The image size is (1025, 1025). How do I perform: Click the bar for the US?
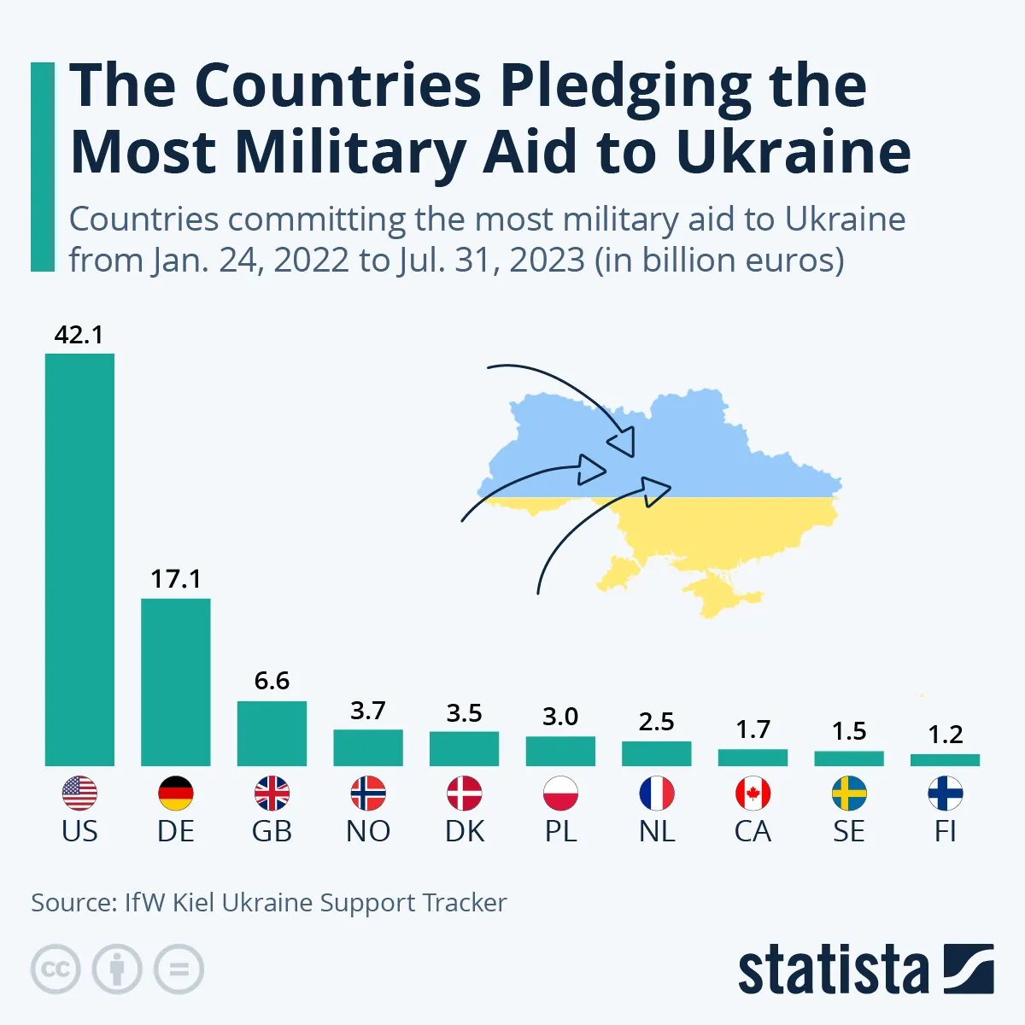coord(79,559)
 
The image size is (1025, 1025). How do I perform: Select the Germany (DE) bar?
coord(176,682)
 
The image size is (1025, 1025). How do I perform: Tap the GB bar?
coord(272,733)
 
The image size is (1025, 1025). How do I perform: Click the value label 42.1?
coord(79,335)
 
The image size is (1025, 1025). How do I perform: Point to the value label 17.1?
coord(176,579)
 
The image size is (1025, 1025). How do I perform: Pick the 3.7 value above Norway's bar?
coord(368,711)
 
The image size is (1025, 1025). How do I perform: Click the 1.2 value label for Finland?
coord(946,735)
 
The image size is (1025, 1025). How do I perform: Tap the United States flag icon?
coord(79,794)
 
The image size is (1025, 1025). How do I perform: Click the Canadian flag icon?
coord(753,794)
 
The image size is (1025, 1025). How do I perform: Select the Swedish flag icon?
coord(849,794)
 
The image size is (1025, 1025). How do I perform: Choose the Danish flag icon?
coord(465,794)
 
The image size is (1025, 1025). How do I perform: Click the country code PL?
coord(560,831)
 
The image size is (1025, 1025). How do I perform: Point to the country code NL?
coord(657,831)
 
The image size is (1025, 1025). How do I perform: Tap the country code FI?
coord(946,831)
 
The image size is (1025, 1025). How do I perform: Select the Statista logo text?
coord(833,971)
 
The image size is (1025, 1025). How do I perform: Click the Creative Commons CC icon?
coord(56,969)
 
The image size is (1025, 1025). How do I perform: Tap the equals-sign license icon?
coord(179,969)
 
